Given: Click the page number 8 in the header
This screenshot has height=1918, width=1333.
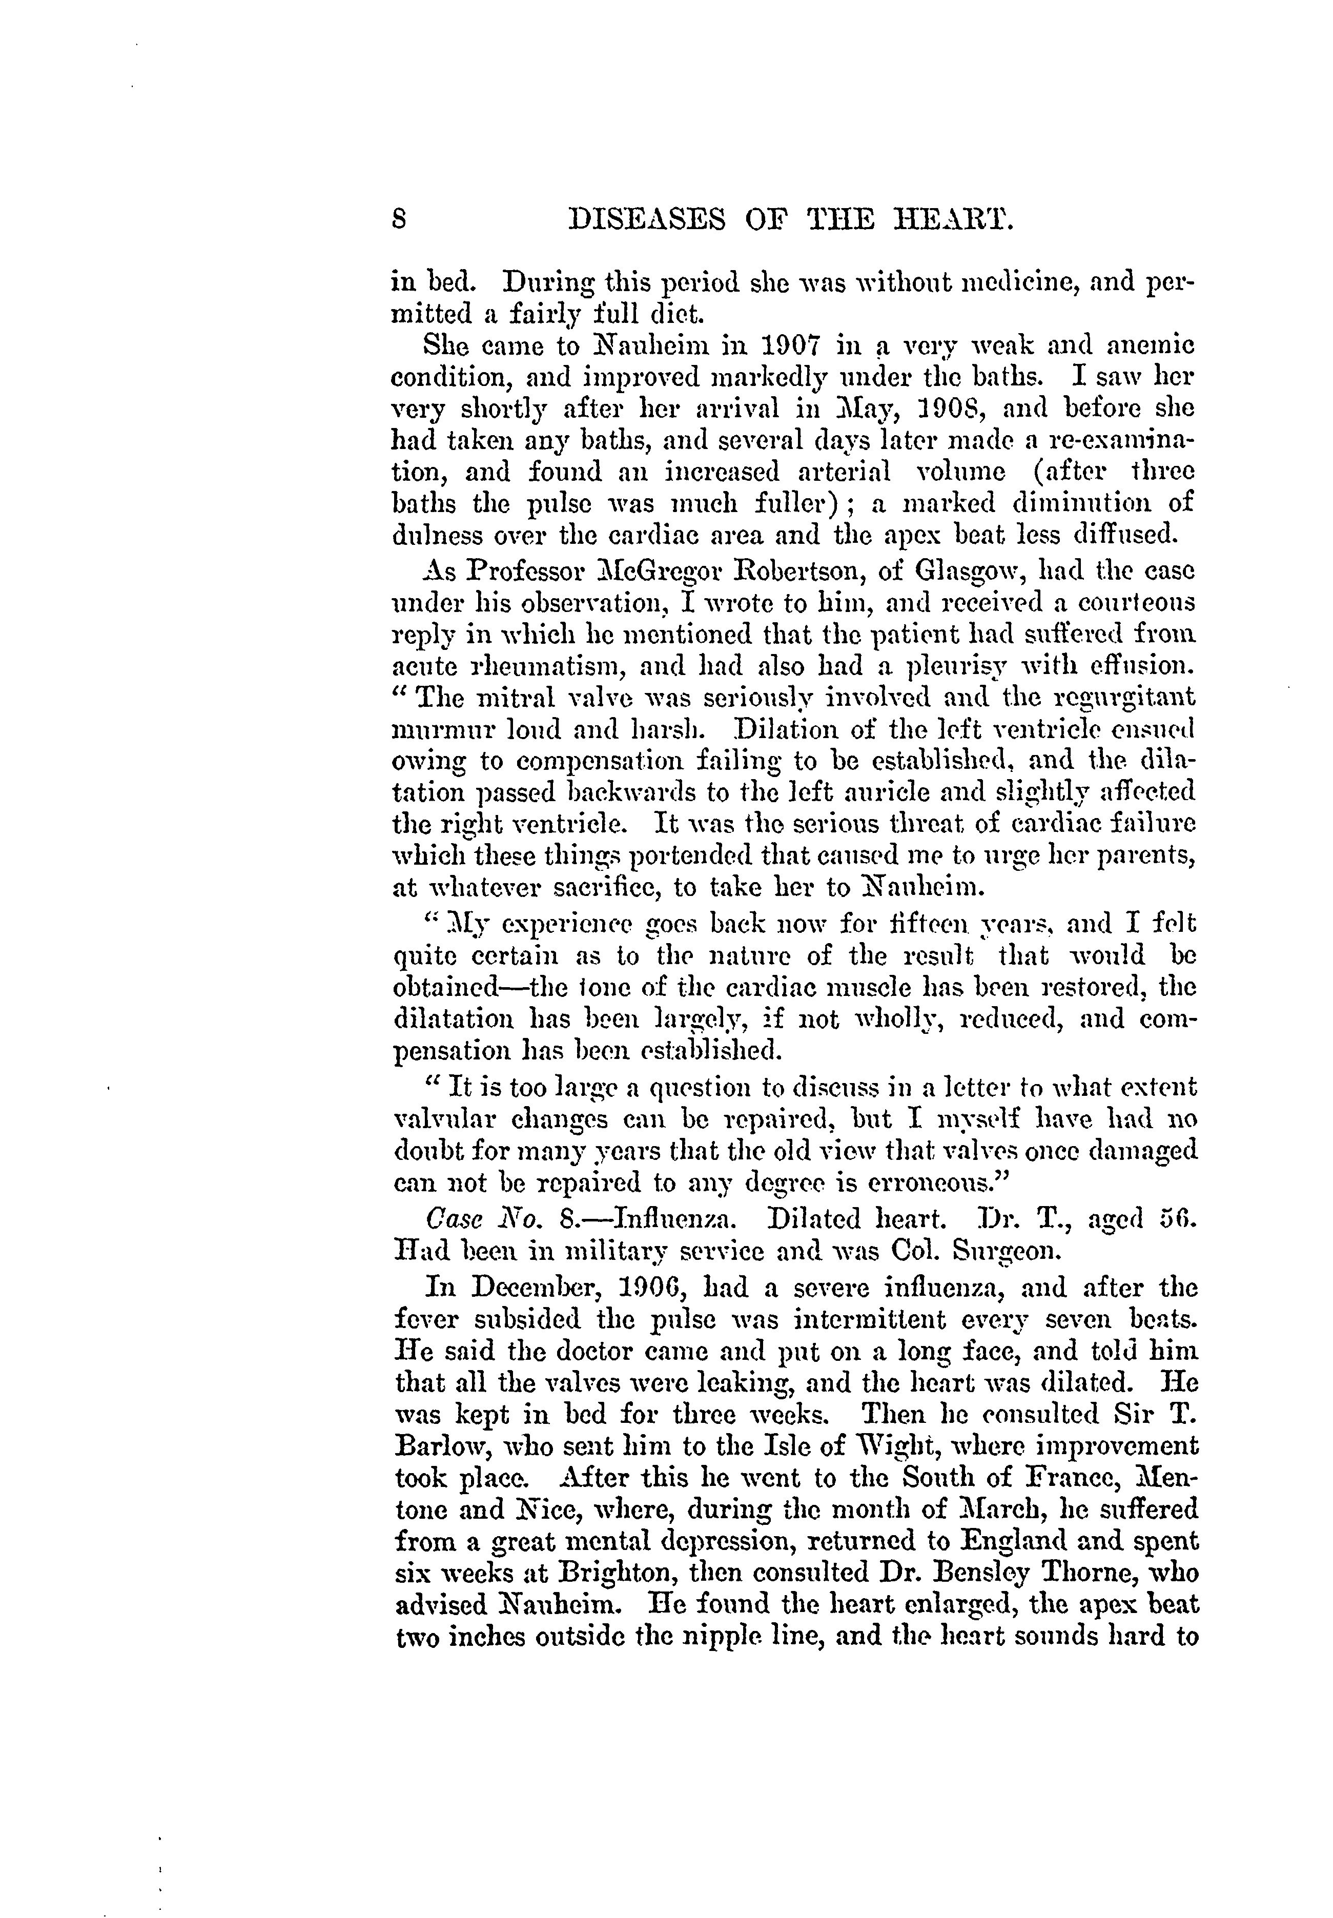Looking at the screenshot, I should click(x=399, y=220).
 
